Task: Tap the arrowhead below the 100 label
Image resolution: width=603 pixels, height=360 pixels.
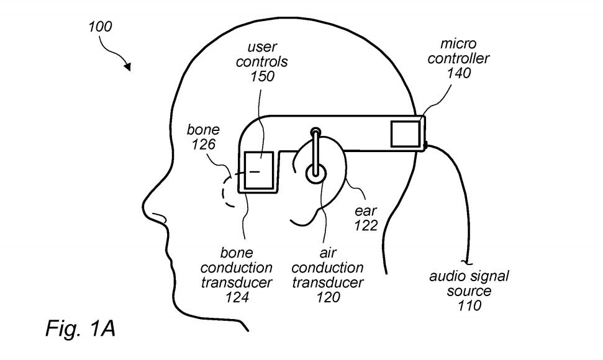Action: pos(128,66)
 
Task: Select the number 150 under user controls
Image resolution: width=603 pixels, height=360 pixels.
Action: pos(261,76)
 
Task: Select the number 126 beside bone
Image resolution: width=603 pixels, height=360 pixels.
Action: pos(202,145)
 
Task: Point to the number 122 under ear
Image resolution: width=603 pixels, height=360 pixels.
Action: pos(366,225)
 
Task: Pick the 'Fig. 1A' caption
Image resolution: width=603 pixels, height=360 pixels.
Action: pos(80,329)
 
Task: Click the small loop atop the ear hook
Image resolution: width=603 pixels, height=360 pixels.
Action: pos(316,132)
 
